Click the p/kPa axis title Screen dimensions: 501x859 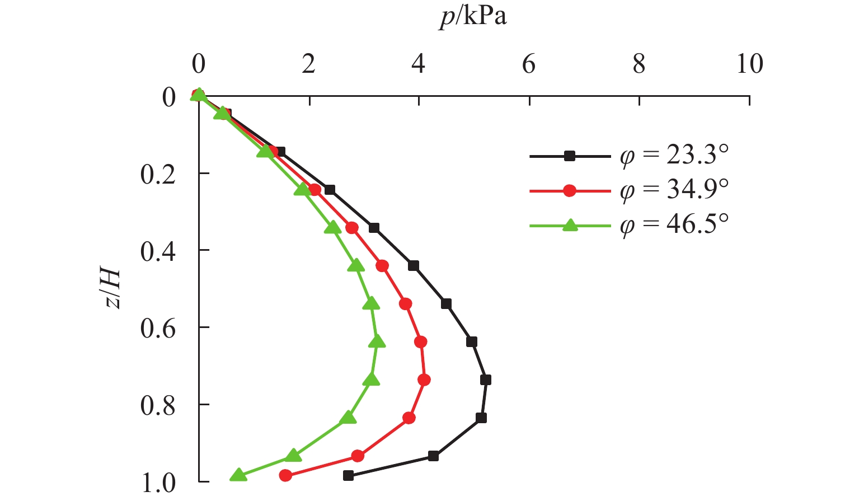pos(473,17)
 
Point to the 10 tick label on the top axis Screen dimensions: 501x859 pos(749,65)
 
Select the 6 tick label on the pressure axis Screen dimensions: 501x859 pos(529,65)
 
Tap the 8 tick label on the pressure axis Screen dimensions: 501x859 pos(639,65)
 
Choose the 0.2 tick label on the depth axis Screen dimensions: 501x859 pos(158,175)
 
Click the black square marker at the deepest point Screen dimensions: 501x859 pos(348,476)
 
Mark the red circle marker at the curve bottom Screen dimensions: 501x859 pos(285,476)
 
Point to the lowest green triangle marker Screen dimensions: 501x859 pos(239,475)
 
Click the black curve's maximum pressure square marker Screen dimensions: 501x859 pos(486,380)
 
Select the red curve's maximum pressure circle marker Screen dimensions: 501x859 pos(424,380)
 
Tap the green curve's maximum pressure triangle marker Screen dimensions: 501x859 pos(378,341)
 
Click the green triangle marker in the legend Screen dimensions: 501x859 pos(570,226)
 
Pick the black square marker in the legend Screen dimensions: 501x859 pos(570,156)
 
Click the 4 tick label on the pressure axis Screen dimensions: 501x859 pos(419,65)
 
